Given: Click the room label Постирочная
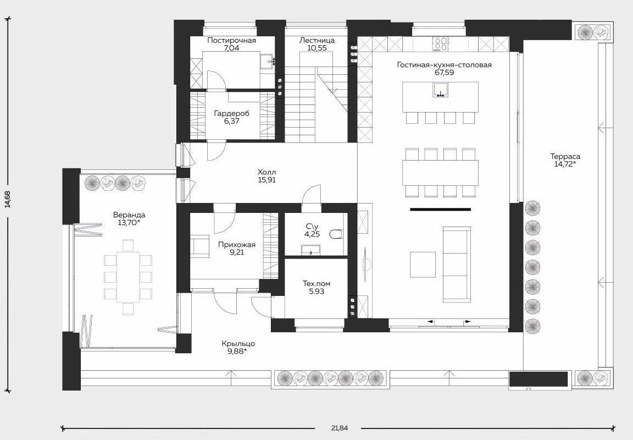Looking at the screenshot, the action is tap(231, 40).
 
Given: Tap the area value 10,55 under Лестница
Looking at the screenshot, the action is tap(317, 48).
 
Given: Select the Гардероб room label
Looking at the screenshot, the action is tap(232, 113).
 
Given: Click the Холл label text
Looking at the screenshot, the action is tap(267, 173).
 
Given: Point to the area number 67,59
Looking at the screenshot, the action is tap(444, 73).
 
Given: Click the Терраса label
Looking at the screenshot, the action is tap(565, 156).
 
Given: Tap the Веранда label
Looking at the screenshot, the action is tap(129, 215).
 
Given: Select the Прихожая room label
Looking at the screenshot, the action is tap(237, 245).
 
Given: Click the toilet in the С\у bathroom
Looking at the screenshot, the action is tap(336, 234).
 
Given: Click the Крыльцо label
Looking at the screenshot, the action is tap(238, 344).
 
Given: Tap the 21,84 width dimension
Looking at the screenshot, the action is tap(339, 428).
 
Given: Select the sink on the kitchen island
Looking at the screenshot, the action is tap(441, 90).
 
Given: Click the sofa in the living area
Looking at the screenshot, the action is tap(457, 265).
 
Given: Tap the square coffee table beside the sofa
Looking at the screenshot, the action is tap(423, 265).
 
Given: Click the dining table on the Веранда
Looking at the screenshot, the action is tap(128, 277).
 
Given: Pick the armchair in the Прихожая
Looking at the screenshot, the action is tap(199, 247).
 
